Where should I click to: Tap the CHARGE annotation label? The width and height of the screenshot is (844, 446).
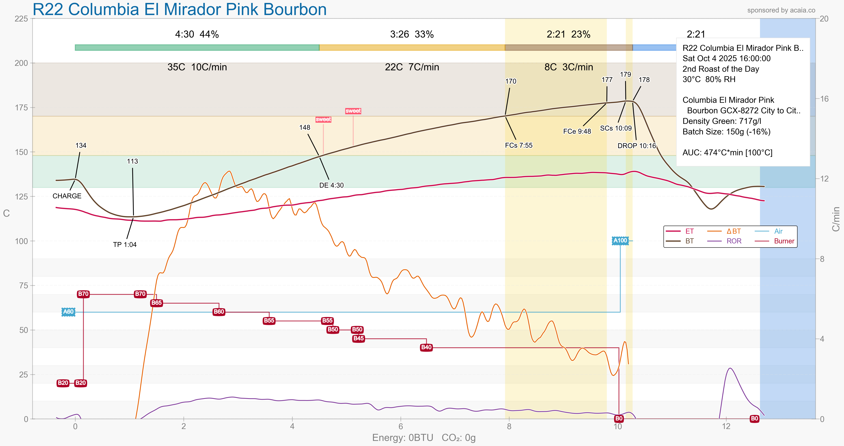click(67, 196)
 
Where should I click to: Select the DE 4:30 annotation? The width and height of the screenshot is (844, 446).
click(331, 185)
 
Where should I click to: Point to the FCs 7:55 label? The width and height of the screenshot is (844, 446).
click(519, 145)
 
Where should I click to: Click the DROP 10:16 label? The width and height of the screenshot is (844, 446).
click(637, 146)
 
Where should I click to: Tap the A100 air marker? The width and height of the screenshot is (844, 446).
click(620, 240)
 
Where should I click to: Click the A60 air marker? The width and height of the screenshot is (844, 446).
click(68, 312)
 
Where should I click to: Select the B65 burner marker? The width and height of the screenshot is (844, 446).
click(156, 303)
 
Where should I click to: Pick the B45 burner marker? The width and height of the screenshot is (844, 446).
click(359, 339)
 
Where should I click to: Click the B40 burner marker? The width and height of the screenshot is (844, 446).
click(426, 347)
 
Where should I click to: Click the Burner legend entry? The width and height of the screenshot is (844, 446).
click(784, 241)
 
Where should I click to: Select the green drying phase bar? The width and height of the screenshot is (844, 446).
click(197, 47)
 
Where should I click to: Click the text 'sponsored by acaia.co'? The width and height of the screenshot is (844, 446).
click(781, 10)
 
